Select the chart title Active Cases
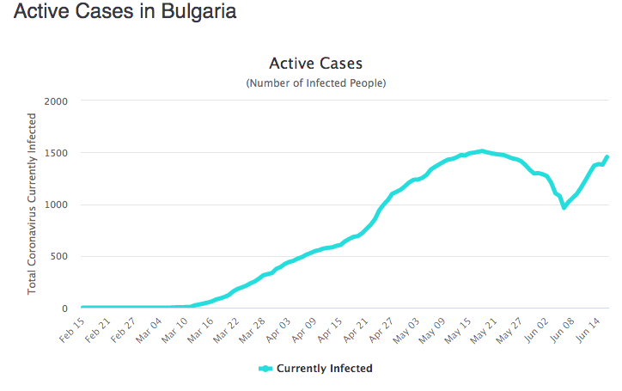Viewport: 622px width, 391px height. (315, 64)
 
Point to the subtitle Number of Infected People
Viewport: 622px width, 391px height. (315, 83)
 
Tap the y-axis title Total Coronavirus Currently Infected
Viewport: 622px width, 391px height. (33, 205)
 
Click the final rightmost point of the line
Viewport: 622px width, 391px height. (607, 156)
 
